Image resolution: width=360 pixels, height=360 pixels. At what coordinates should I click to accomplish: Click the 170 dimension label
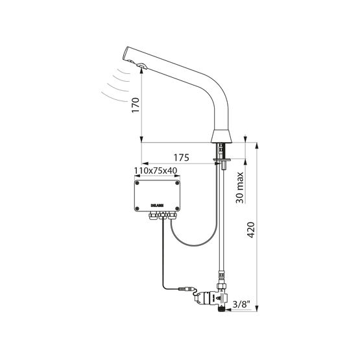coord(136,105)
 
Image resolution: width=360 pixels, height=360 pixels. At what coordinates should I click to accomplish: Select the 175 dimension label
coord(181,158)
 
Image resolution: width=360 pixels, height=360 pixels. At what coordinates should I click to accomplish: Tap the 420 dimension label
coord(251,230)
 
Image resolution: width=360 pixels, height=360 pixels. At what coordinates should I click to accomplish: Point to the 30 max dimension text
coord(239,187)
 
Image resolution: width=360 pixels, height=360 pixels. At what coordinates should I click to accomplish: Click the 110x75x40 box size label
coord(156,171)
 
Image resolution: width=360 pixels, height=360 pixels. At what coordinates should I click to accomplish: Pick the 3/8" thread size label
coord(241,304)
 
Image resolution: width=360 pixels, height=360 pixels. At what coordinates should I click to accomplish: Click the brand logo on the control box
coord(156,205)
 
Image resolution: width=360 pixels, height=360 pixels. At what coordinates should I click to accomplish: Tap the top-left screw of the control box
coord(137,183)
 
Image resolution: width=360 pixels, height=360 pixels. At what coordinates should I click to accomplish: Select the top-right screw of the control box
coord(177,183)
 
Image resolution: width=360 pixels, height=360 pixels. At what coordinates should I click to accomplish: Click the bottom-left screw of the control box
coord(137,208)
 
